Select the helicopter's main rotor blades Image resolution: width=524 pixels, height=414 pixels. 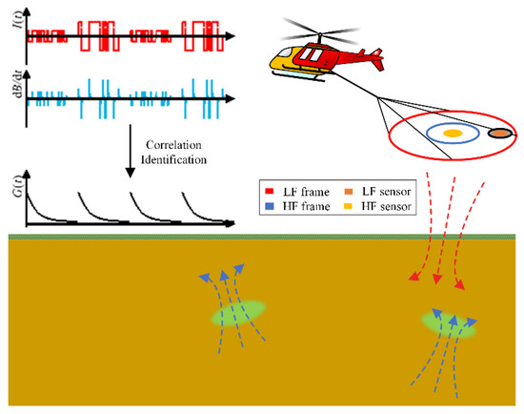[315, 33]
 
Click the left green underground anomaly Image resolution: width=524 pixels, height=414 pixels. [238, 312]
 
